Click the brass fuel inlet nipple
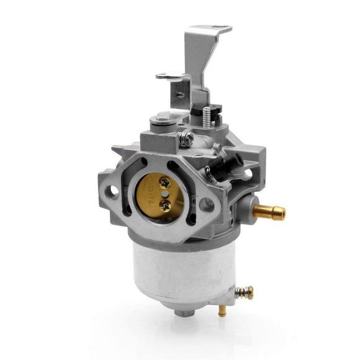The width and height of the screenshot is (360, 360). tap(268, 211)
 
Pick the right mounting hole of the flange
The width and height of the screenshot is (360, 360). tap(206, 204)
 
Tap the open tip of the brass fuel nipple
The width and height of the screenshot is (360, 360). tap(282, 213)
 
